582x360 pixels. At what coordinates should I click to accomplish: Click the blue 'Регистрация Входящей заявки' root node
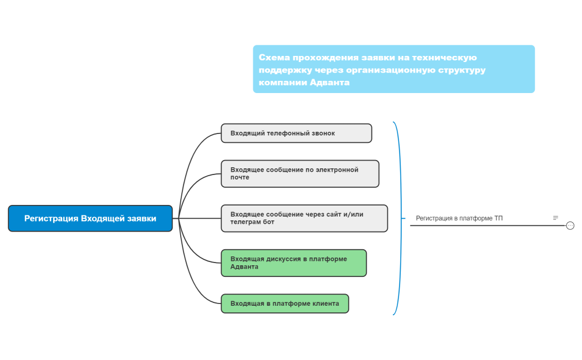(x=90, y=218)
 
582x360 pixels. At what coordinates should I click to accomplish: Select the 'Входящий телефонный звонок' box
(x=296, y=133)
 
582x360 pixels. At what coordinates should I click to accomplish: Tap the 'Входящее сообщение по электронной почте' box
(x=300, y=173)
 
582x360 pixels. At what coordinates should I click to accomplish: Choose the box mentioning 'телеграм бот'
(x=304, y=218)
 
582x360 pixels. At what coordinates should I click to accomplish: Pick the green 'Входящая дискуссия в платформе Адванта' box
(x=294, y=263)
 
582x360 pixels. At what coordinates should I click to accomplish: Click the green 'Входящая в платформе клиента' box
(x=284, y=304)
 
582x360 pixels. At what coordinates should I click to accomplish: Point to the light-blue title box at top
(x=394, y=69)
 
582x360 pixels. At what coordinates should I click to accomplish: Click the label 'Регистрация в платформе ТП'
(x=459, y=218)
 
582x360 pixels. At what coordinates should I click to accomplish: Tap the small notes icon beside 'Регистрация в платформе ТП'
(x=555, y=218)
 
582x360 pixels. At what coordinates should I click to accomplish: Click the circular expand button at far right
(x=570, y=225)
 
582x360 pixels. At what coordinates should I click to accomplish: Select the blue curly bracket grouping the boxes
(x=397, y=218)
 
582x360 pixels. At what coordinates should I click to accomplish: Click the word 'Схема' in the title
(x=274, y=58)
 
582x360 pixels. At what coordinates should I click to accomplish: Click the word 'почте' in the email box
(x=240, y=177)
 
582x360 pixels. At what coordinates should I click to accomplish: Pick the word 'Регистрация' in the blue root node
(x=51, y=218)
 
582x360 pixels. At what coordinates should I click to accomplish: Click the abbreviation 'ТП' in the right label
(x=499, y=218)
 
